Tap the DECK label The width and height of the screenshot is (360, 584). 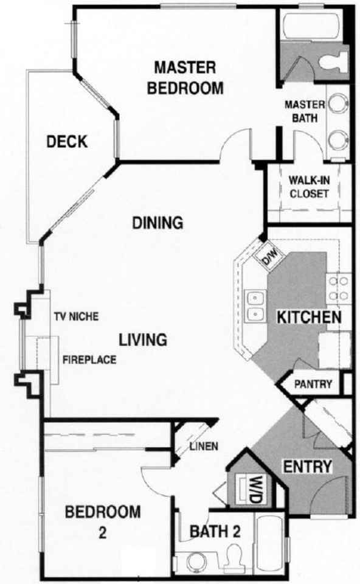(67, 142)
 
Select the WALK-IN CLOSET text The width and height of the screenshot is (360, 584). (309, 187)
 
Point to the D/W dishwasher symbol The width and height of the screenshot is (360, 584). (268, 258)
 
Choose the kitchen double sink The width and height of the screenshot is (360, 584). (255, 306)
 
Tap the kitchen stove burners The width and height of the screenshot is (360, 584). (337, 289)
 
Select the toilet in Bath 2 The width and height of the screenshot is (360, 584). (233, 557)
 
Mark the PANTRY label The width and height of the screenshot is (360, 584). (313, 384)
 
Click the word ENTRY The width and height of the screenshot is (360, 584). (308, 467)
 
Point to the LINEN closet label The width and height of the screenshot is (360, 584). (203, 446)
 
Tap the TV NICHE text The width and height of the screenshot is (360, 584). (77, 316)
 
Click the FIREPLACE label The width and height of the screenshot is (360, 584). (89, 360)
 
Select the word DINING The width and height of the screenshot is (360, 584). (157, 223)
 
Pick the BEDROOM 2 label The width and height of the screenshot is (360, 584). (103, 521)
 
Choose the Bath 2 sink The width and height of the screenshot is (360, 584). (195, 561)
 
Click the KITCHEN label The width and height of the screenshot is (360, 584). (308, 317)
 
